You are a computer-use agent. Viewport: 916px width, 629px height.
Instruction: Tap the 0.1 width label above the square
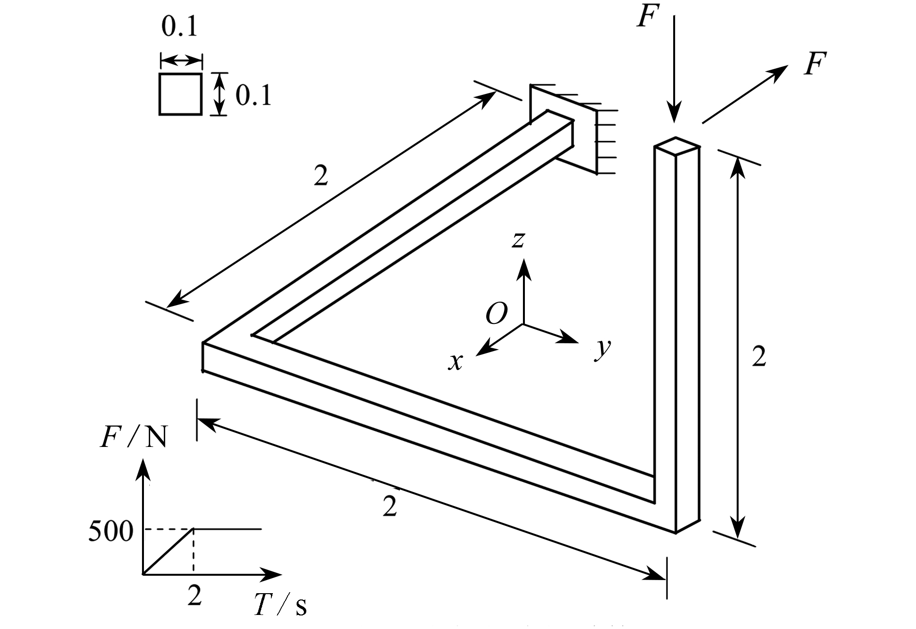[x=179, y=27]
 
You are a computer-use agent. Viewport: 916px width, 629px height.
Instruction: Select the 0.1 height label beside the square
[x=253, y=96]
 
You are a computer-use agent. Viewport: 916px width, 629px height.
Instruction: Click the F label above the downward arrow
[x=648, y=17]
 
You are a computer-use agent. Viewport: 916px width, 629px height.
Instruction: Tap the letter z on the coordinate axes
[x=519, y=239]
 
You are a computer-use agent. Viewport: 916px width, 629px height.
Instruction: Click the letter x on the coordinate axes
[x=455, y=362]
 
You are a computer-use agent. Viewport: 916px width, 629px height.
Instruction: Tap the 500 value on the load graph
[x=111, y=532]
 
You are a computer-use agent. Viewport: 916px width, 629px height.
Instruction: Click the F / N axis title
[x=133, y=438]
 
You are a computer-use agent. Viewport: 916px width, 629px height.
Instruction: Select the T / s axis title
[x=281, y=605]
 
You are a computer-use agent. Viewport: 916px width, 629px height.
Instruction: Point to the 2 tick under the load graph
[x=194, y=596]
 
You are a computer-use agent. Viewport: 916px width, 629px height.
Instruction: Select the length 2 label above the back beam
[x=321, y=176]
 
